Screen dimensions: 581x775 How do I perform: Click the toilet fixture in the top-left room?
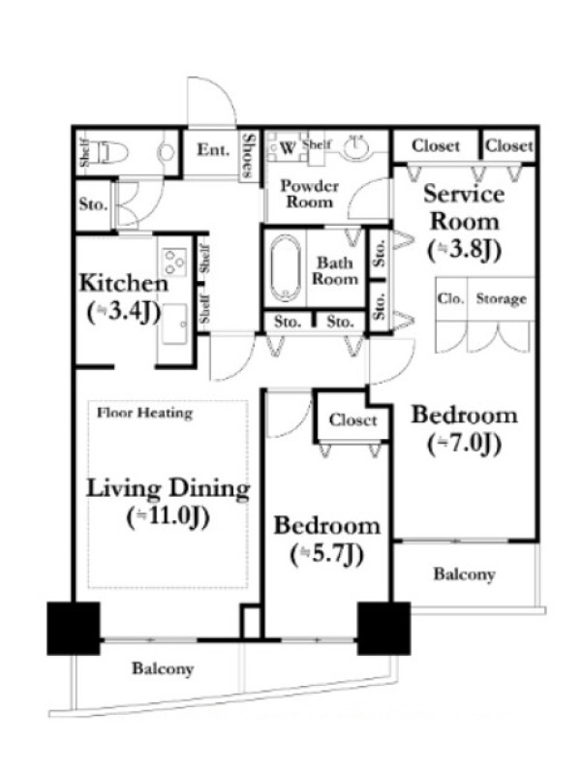112,151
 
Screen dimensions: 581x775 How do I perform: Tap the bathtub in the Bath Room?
285,268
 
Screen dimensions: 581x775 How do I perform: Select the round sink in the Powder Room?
356,147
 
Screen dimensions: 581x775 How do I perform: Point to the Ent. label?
213,150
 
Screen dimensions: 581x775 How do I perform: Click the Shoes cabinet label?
249,155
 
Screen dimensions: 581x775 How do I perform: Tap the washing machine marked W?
288,147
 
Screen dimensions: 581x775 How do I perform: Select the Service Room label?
464,207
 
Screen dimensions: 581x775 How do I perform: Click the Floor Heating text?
144,413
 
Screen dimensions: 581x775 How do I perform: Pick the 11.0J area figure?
168,517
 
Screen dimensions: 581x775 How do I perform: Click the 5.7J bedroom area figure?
327,554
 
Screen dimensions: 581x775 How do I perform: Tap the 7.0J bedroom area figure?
464,444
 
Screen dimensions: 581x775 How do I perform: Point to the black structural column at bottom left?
74,628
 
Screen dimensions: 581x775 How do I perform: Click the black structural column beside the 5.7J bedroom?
383,628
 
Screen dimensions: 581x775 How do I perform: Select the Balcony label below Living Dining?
163,669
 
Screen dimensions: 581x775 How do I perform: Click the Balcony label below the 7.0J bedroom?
464,574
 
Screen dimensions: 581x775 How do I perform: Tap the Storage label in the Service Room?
501,299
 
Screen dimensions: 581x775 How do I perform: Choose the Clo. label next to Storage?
450,299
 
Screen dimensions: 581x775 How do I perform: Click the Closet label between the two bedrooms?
352,420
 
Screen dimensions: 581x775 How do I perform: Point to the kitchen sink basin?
174,325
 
